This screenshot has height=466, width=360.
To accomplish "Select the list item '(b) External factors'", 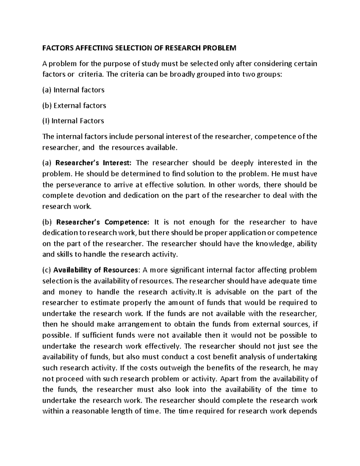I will click(x=74, y=106).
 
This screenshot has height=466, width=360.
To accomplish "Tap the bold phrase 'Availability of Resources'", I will click(x=95, y=270).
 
